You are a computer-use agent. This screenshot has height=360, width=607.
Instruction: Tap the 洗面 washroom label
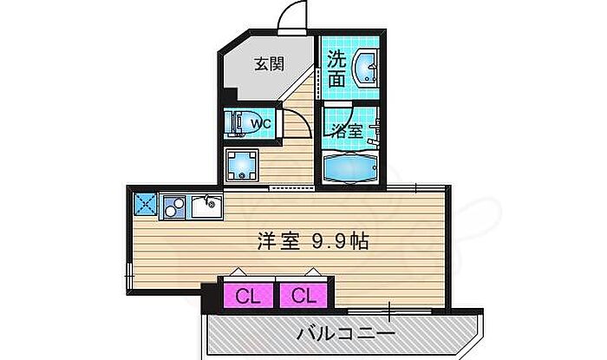338,69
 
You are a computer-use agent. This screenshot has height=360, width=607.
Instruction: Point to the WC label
262,124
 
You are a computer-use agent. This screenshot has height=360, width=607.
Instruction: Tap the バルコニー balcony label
345,333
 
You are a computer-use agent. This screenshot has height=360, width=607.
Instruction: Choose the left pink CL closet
247,296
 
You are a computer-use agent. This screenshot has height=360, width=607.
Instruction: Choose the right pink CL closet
302,296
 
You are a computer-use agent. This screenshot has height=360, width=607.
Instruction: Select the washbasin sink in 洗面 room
366,69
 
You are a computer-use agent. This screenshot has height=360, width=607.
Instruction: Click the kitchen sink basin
205,206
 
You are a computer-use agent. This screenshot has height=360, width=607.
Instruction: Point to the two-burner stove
173,206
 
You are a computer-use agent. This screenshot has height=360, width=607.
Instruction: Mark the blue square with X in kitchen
144,205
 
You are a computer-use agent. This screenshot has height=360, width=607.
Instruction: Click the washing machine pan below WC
243,163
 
